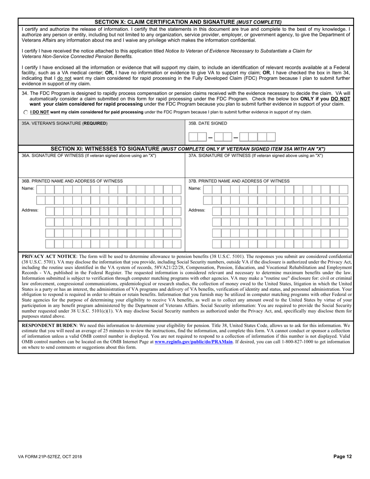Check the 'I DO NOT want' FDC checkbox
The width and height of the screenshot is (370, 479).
(x=26, y=112)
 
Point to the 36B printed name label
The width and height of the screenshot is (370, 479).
(x=72, y=181)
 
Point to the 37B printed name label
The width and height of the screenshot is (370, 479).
(x=239, y=181)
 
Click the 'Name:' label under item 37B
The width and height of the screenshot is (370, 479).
(x=195, y=188)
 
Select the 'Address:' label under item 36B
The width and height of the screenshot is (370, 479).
(x=30, y=210)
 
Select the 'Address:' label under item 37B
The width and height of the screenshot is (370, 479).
(x=197, y=210)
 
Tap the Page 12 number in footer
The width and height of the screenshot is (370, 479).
(x=342, y=457)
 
